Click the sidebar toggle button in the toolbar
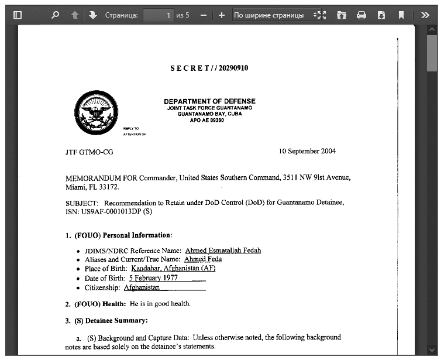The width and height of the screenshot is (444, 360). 18,15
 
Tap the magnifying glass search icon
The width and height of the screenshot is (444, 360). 55,15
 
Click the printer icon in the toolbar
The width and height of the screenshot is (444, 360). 362,15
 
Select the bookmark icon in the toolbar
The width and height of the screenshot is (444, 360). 401,15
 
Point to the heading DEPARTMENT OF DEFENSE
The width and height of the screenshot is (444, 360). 209,101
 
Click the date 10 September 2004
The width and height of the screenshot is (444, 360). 307,151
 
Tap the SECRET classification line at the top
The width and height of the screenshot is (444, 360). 209,68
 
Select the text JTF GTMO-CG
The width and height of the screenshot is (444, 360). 89,152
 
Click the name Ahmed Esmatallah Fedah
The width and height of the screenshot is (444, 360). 223,251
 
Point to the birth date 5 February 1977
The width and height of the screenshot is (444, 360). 153,278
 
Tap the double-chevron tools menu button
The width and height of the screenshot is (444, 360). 425,15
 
